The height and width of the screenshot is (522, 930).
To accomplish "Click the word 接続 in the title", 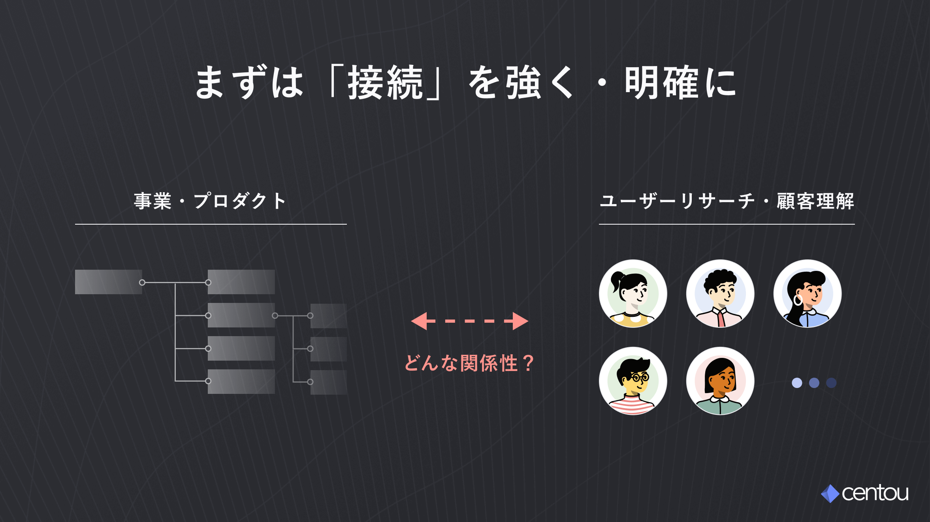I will pos(385,82).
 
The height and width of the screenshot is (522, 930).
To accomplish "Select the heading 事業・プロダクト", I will pos(210,201).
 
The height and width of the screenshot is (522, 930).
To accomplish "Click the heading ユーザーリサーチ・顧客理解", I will pos(727,201).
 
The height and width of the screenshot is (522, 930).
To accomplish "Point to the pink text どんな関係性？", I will pos(469,363).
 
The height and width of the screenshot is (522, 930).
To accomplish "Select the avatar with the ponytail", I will pos(633,293).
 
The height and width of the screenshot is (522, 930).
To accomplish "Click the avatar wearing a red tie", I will pos(720,293).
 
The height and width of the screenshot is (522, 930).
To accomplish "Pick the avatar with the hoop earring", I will pos(808,293).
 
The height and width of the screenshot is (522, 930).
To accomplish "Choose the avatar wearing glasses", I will pos(633,381).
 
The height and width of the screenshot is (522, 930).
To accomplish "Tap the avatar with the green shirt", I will pos(720,381).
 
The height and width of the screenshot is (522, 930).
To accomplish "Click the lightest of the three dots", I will pos(797,383).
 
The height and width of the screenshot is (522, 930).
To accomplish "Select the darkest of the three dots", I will pos(831,383).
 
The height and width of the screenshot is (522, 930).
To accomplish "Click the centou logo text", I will pos(875,493).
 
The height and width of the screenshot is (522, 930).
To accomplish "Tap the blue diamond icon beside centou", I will pos(830,494).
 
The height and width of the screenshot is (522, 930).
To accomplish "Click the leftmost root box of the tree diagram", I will pos(108,282).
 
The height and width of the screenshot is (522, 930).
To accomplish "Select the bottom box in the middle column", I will pos(241,382).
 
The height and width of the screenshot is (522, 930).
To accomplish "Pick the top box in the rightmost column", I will pos(329,316).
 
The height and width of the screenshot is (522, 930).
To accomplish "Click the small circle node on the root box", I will pos(142,282).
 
